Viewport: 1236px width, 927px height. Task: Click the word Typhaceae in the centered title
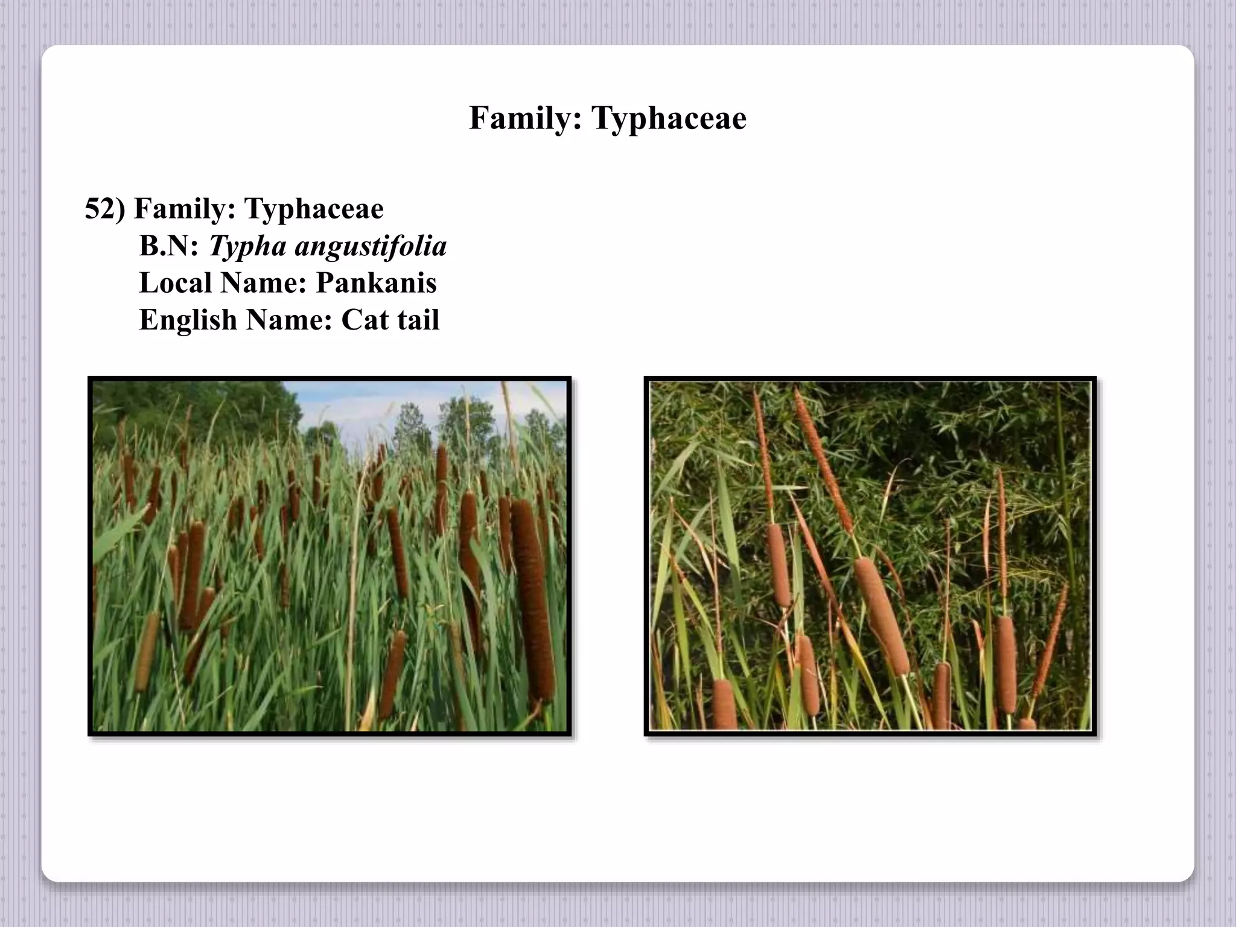pyautogui.click(x=669, y=118)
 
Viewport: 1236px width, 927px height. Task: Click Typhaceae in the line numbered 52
pyautogui.click(x=314, y=209)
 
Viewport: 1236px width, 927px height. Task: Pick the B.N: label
pyautogui.click(x=168, y=246)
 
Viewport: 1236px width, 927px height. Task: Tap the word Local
pyautogui.click(x=174, y=283)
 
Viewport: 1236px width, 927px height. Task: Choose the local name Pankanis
pyautogui.click(x=376, y=283)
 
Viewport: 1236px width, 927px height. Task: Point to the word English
pyautogui.click(x=188, y=320)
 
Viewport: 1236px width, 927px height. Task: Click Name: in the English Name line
pyautogui.click(x=289, y=320)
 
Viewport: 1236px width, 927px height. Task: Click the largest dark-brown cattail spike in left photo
pyautogui.click(x=533, y=597)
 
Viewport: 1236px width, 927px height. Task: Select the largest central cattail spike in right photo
pyautogui.click(x=881, y=616)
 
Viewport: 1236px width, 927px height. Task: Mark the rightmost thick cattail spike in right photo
pyautogui.click(x=1005, y=664)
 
